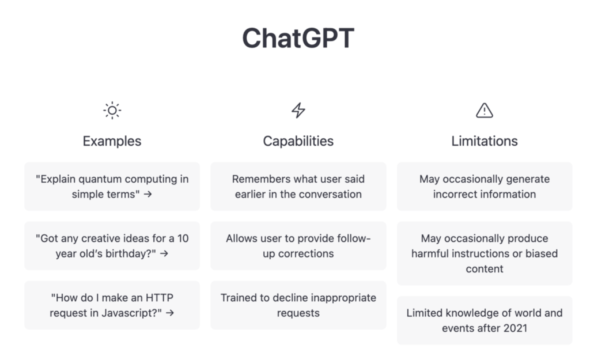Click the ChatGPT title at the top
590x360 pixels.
point(298,38)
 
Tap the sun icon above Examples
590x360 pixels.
point(112,110)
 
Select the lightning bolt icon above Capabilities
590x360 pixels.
point(298,110)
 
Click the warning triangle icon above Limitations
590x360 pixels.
point(485,110)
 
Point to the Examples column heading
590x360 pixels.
point(112,141)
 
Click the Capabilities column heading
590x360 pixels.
point(298,141)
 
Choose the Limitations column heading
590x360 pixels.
point(485,141)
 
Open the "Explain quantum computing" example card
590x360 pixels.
point(112,187)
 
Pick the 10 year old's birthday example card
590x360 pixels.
point(112,246)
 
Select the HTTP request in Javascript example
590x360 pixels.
point(112,305)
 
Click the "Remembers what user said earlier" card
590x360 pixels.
point(298,187)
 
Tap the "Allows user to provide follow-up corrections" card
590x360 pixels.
point(298,246)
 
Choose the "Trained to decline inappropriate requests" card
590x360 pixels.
point(298,305)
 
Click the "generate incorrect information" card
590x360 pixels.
point(485,187)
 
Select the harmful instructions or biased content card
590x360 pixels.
point(485,253)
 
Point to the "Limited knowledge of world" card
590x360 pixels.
point(485,320)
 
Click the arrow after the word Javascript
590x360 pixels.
point(169,313)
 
